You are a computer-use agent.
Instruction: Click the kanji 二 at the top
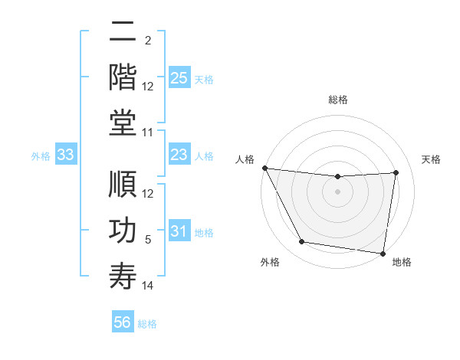click(123, 33)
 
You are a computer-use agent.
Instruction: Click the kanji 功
click(123, 231)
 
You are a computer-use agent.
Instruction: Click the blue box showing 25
click(179, 78)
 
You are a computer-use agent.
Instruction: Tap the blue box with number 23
click(179, 155)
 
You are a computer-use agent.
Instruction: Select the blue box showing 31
click(179, 231)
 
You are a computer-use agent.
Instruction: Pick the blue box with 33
click(66, 155)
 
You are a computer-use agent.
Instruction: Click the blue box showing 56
click(123, 322)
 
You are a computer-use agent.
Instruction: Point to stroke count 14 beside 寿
click(148, 286)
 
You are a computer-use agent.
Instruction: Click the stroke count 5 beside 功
click(148, 240)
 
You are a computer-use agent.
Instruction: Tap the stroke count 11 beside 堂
click(148, 133)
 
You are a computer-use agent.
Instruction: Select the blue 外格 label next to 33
click(41, 156)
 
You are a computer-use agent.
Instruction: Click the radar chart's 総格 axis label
click(337, 100)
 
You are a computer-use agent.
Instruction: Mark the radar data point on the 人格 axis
click(264, 168)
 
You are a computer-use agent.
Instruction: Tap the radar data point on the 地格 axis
click(383, 253)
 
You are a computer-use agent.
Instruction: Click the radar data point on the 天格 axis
click(396, 172)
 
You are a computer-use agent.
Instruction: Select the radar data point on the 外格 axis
click(301, 242)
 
